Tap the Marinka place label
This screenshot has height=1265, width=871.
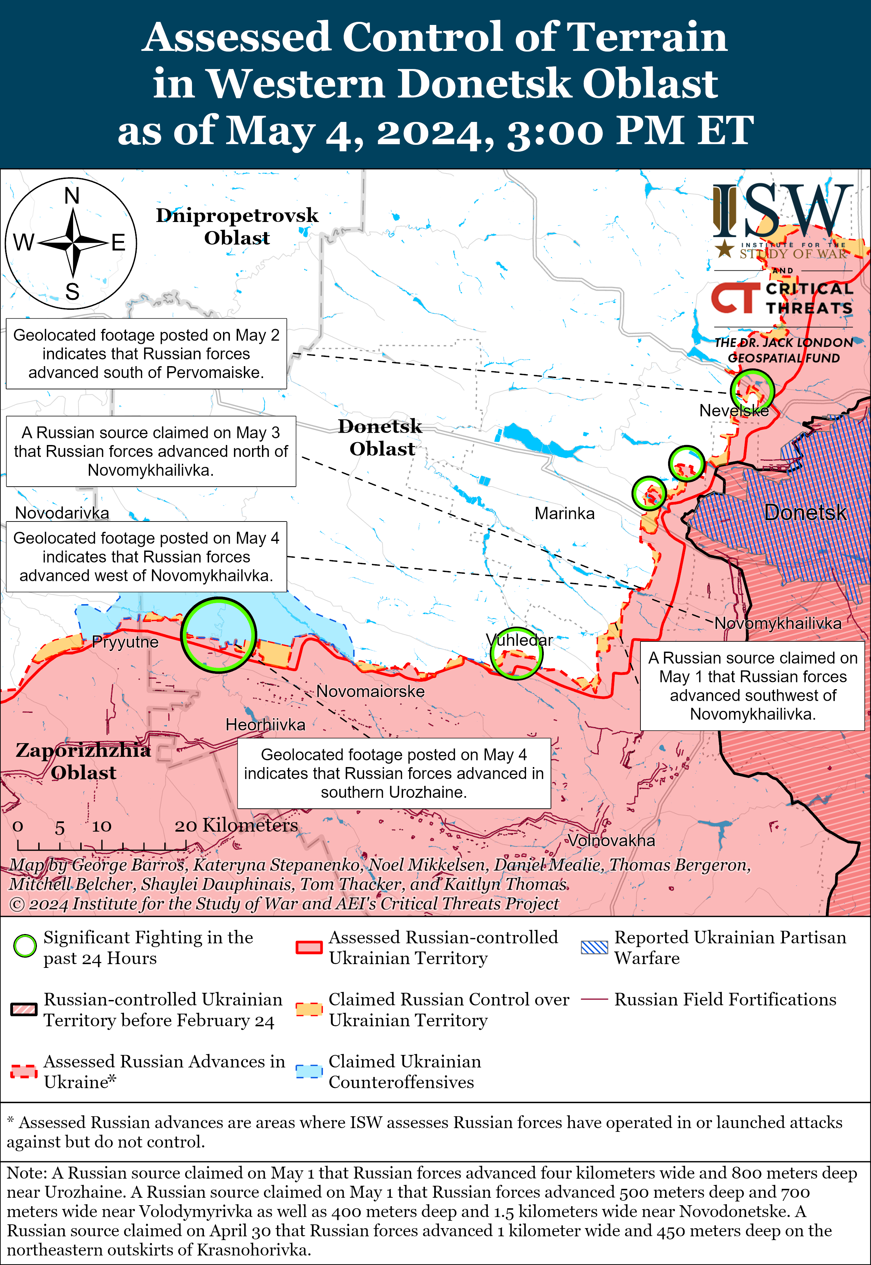(x=564, y=514)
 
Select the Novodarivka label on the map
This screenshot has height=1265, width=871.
(x=62, y=513)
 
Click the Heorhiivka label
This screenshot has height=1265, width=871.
(x=265, y=725)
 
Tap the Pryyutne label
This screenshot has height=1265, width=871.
(x=125, y=642)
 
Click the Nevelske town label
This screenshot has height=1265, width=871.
(x=734, y=411)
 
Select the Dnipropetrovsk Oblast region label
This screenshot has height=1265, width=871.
(x=237, y=226)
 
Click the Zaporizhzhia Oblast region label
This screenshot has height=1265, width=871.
(x=83, y=761)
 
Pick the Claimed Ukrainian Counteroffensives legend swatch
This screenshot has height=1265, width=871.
(x=308, y=1071)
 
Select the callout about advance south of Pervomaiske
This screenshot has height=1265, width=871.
(x=146, y=353)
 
